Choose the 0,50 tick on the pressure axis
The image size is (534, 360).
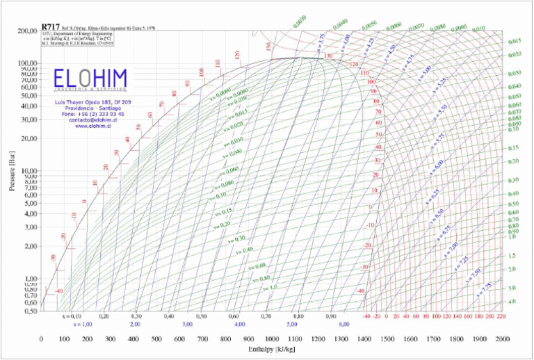pyautogui.click(x=29, y=311)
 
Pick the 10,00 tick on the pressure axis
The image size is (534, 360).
pyautogui.click(x=28, y=171)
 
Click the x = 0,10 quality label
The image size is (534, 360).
pyautogui.click(x=72, y=316)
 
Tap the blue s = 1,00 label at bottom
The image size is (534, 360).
pyautogui.click(x=83, y=325)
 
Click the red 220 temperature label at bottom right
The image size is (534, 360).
pyautogui.click(x=501, y=316)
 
